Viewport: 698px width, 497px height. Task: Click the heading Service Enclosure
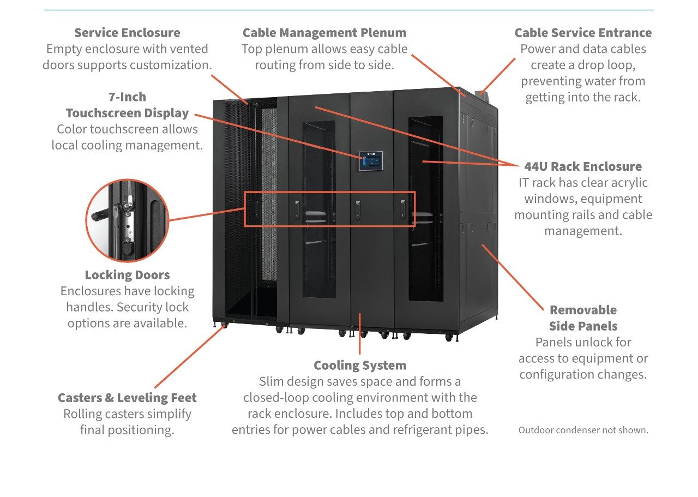point(127,33)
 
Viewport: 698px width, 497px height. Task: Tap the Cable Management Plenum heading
point(324,33)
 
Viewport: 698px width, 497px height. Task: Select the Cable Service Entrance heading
point(583,33)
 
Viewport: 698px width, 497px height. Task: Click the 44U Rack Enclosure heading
point(583,166)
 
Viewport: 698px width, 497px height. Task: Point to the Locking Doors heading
point(127,275)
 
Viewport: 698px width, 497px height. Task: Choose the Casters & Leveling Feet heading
point(127,398)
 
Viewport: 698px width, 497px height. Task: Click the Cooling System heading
point(360,365)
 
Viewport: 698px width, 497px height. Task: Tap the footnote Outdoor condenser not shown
point(583,430)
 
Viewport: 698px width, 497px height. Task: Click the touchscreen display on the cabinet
point(370,161)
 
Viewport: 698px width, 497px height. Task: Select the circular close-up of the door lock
point(127,220)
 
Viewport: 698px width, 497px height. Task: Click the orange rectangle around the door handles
point(329,208)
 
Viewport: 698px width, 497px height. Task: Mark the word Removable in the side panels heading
point(583,310)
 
